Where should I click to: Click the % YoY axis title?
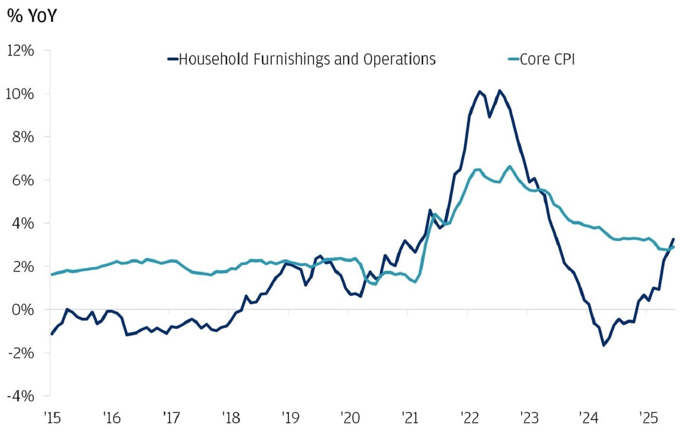pyautogui.click(x=32, y=16)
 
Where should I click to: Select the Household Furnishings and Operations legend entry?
pyautogui.click(x=302, y=59)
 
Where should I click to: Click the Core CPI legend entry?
pyautogui.click(x=542, y=59)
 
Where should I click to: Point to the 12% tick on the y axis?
pyautogui.click(x=20, y=50)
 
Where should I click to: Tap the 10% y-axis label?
pyautogui.click(x=20, y=94)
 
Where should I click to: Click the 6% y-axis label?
pyautogui.click(x=23, y=180)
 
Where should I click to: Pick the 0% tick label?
pyautogui.click(x=23, y=309)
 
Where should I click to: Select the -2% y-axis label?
pyautogui.click(x=21, y=353)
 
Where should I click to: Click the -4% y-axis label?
pyautogui.click(x=21, y=396)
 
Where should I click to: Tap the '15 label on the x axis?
pyautogui.click(x=52, y=418)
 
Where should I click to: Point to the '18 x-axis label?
pyautogui.click(x=231, y=418)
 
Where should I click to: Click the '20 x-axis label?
pyautogui.click(x=350, y=418)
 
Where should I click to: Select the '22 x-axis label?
pyautogui.click(x=470, y=418)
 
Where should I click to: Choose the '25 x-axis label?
pyautogui.click(x=648, y=418)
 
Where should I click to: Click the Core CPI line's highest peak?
pyautogui.click(x=510, y=166)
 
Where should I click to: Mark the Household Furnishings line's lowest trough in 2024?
pyautogui.click(x=604, y=345)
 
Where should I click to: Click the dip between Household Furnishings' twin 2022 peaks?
pyautogui.click(x=489, y=117)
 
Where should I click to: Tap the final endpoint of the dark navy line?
pyautogui.click(x=673, y=239)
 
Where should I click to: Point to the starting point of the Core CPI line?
pyautogui.click(x=52, y=275)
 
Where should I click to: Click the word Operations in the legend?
pyautogui.click(x=399, y=59)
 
